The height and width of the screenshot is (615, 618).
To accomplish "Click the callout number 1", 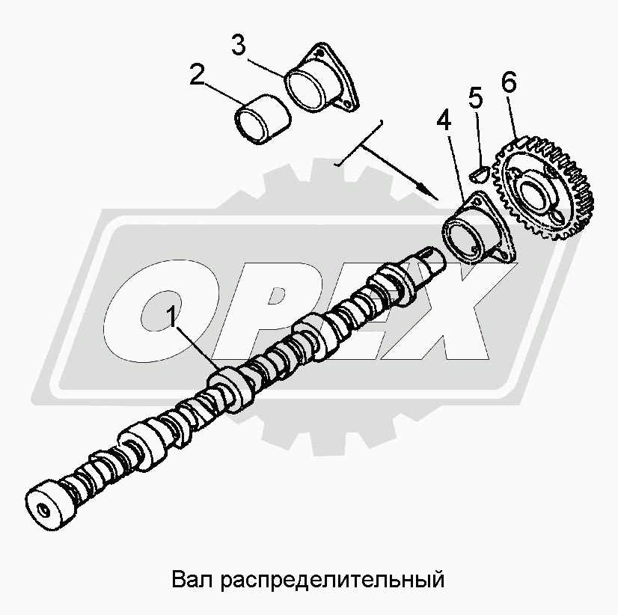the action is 171,318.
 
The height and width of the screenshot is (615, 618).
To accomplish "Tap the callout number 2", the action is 197,75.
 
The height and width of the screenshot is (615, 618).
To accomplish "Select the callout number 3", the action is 238,45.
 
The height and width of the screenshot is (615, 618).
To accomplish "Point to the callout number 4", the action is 444,120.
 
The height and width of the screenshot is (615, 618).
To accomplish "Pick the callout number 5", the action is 476,98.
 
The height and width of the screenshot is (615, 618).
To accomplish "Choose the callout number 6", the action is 509,82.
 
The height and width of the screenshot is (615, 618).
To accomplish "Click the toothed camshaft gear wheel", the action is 543,189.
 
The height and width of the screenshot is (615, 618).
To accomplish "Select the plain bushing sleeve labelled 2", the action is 263,120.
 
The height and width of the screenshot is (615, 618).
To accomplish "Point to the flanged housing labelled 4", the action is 478,229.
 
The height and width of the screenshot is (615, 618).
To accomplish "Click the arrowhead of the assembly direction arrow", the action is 429,192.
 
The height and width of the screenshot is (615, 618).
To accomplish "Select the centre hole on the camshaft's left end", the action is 43,511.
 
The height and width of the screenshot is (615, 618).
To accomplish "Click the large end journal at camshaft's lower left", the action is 50,505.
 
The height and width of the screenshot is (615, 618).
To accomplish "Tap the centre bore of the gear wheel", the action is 533,192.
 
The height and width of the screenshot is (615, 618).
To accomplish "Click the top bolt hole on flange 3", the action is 321,53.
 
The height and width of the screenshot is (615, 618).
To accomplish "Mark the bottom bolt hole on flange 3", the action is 347,104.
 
